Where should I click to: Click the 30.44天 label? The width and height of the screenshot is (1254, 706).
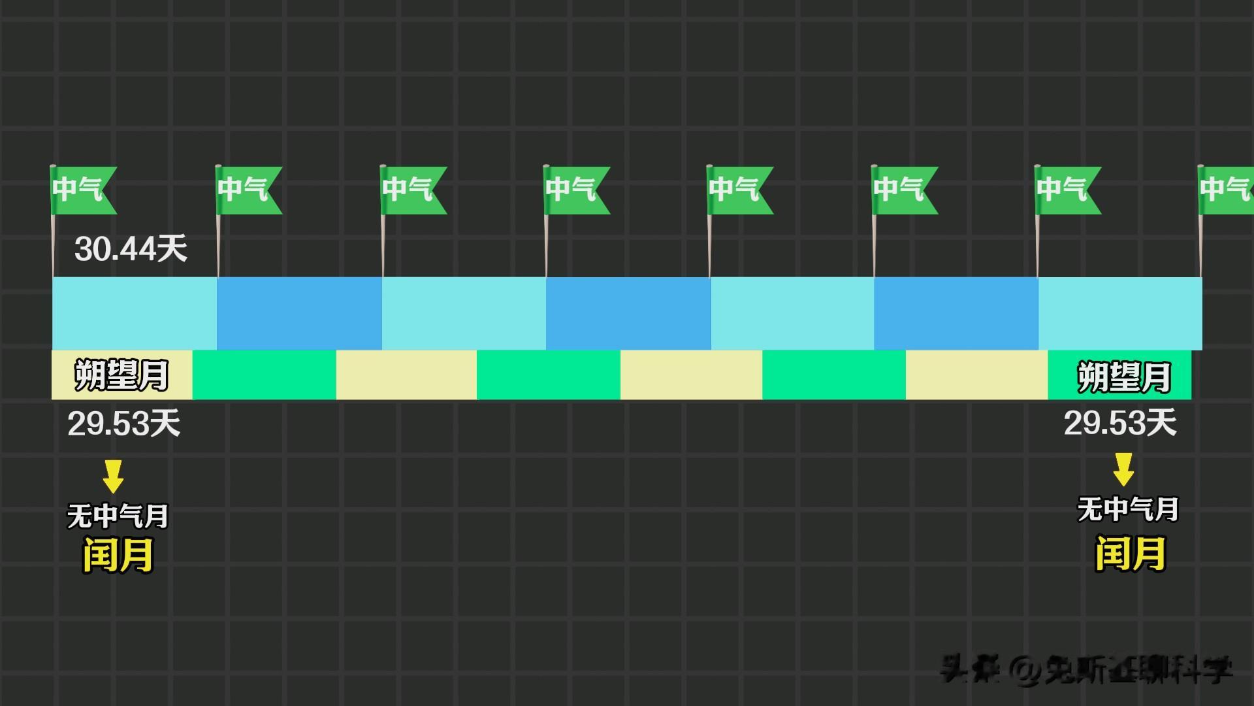point(131,249)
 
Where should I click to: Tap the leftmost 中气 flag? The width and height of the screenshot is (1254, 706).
point(81,190)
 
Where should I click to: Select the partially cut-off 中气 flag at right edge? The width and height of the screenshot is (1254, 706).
point(1227,190)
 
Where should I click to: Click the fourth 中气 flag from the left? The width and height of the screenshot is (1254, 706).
point(575,190)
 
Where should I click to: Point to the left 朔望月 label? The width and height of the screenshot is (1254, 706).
point(121,375)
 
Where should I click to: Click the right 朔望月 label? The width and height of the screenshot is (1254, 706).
point(1123,377)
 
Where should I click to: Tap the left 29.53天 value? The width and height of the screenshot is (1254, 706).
point(123,424)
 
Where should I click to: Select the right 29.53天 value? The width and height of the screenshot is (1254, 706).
point(1119,423)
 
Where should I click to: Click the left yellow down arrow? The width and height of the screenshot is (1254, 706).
point(113,476)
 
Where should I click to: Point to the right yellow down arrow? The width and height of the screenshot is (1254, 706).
point(1123,469)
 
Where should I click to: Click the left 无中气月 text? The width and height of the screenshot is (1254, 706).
point(118,516)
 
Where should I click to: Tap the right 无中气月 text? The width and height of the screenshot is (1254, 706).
point(1127,510)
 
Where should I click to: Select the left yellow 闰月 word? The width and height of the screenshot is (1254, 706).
point(118,556)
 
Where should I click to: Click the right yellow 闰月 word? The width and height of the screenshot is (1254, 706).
point(1130,553)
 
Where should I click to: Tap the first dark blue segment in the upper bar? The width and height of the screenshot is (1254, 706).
point(299,313)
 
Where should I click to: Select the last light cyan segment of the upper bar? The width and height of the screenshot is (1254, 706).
point(1119,313)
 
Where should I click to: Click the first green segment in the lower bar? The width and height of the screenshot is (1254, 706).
point(264,375)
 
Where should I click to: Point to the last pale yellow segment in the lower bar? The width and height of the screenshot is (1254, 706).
point(976,375)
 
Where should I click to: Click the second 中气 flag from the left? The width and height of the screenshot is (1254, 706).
point(247,190)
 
